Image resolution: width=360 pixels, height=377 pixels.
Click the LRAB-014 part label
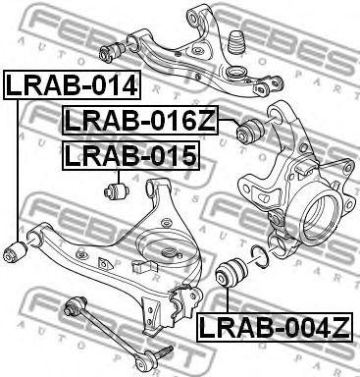pos(73,85)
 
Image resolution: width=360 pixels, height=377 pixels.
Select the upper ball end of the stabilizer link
pos(75,299)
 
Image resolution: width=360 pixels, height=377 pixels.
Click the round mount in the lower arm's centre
pos(168,253)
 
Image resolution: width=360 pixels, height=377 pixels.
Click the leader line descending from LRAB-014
pos(18,167)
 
